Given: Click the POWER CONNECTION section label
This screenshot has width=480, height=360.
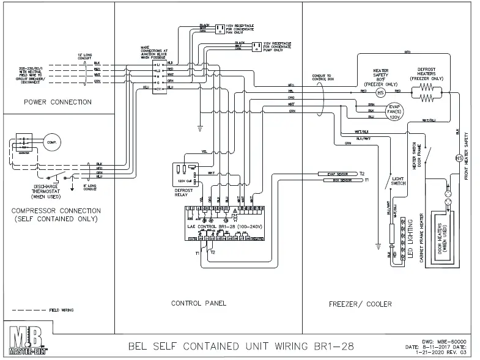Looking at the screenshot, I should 57,101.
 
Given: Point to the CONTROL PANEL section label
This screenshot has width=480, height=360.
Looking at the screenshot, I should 199,303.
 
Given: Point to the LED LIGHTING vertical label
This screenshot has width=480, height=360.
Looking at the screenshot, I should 411,238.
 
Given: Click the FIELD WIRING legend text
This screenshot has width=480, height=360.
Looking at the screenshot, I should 61,310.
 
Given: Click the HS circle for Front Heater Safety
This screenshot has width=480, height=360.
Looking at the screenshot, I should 458,158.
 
